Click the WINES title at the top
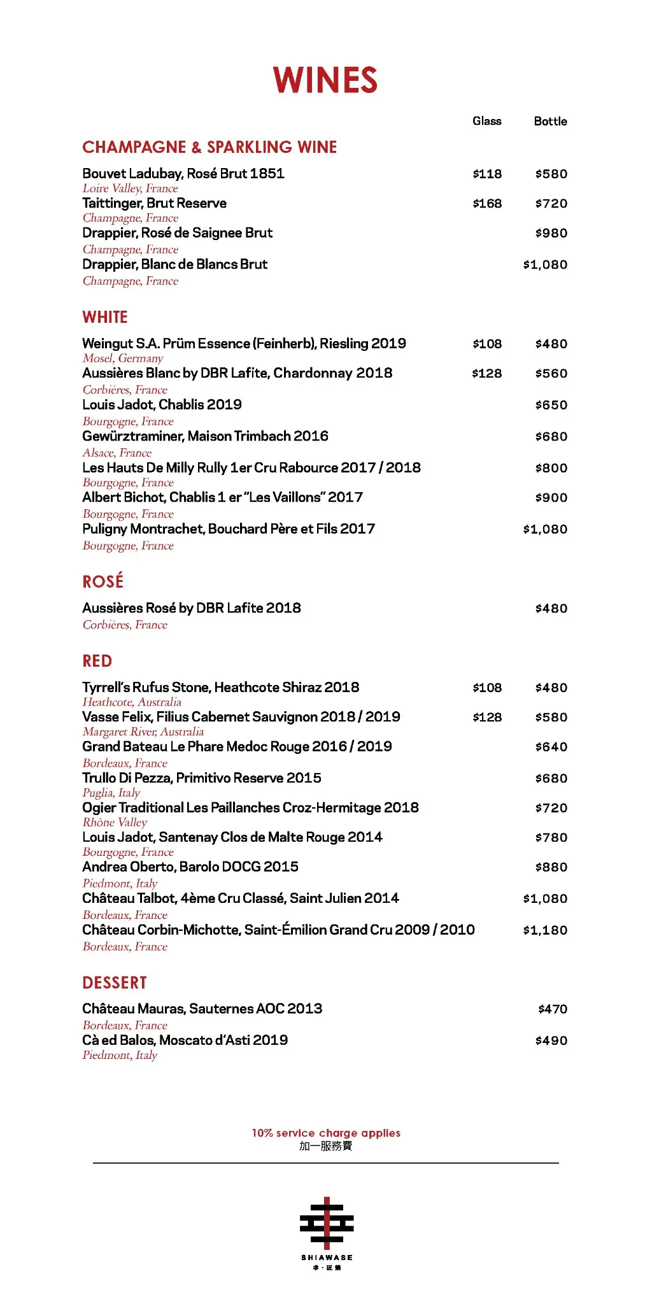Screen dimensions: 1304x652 tap(325, 80)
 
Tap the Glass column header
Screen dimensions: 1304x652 tap(487, 121)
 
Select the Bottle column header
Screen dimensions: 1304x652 tap(550, 121)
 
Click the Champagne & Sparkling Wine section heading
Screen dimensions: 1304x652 tap(209, 147)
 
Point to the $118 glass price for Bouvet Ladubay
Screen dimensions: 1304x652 tap(487, 174)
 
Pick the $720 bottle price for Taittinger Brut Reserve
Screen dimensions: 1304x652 tap(551, 204)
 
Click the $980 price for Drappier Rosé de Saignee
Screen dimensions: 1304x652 tap(551, 233)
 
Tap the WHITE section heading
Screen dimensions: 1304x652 tap(105, 317)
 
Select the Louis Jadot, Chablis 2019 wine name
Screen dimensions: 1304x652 tap(162, 404)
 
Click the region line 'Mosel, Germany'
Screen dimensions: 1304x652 tap(123, 358)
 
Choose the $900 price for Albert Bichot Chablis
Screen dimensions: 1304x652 tap(551, 497)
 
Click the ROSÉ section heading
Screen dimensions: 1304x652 tap(103, 581)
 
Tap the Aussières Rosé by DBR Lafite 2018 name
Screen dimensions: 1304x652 tap(192, 608)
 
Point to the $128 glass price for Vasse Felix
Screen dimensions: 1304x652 tap(487, 717)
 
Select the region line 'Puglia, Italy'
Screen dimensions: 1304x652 tap(111, 793)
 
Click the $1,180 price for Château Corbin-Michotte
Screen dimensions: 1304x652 tap(545, 930)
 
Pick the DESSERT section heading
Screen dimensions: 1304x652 tap(115, 982)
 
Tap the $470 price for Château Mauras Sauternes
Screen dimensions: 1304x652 tap(553, 1009)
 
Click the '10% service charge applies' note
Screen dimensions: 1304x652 tap(326, 1133)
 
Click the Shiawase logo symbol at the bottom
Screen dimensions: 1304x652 tap(327, 1222)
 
